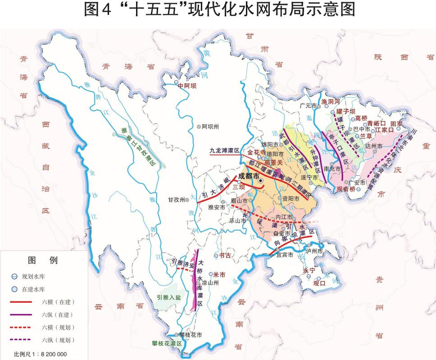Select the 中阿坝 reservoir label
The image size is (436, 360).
pos(187,86)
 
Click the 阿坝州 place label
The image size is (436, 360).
pos(210,127)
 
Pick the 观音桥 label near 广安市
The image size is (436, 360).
pos(346,190)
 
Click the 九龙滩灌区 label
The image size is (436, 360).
pos(223,151)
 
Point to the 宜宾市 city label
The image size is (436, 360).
pos(284,255)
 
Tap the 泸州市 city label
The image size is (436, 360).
pos(314,251)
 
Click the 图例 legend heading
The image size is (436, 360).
pos(42,260)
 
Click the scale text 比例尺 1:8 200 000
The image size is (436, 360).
pos(40,354)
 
